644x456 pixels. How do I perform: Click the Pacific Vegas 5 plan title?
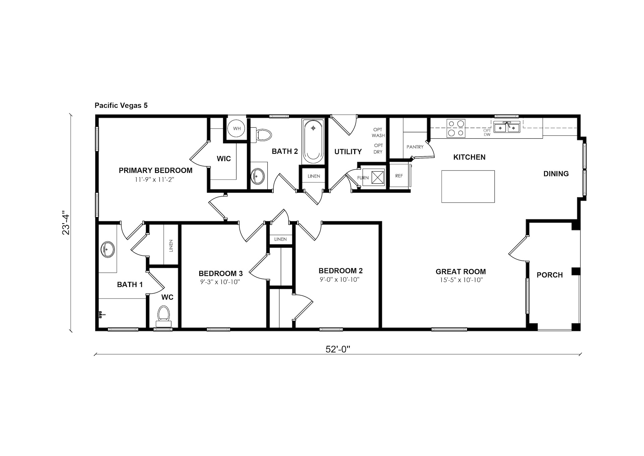click(x=121, y=105)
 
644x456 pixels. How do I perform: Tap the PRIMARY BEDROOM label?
click(x=156, y=170)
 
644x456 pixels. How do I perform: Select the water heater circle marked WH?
click(x=237, y=129)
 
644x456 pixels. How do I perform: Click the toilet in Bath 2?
click(x=262, y=135)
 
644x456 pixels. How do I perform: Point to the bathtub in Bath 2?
click(x=313, y=141)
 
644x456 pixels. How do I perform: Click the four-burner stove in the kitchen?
click(x=456, y=128)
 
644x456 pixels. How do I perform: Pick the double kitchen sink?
click(x=506, y=127)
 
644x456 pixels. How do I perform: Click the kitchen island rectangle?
click(x=468, y=186)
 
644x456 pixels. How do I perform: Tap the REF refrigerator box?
click(x=399, y=176)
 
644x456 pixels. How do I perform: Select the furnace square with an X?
click(x=378, y=177)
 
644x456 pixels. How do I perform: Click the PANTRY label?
click(x=415, y=147)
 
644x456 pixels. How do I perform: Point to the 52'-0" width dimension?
click(x=338, y=349)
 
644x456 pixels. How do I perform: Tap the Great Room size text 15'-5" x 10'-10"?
click(x=461, y=280)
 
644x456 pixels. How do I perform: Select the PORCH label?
click(x=549, y=275)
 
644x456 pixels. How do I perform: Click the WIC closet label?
click(x=224, y=159)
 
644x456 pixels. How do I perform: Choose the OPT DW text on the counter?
click(x=487, y=132)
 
